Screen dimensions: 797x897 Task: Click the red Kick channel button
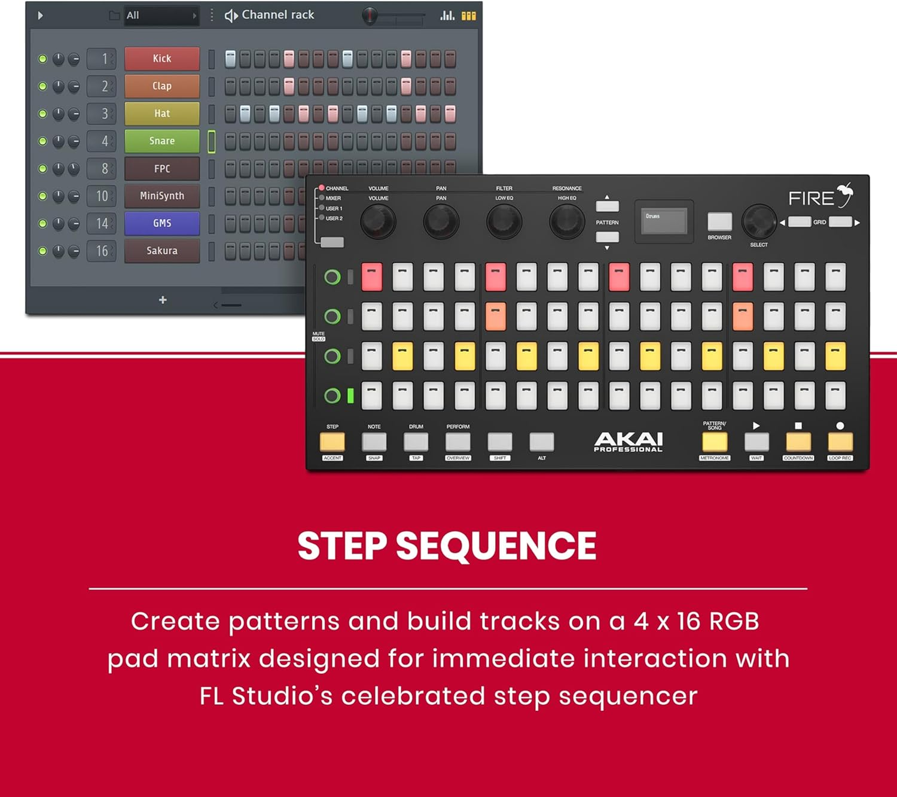pos(161,59)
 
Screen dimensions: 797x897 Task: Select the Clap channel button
pos(161,86)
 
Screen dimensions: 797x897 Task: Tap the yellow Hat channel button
pos(161,114)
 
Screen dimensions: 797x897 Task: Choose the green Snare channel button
pos(161,141)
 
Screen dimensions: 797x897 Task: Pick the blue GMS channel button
pos(161,223)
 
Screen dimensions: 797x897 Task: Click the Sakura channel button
pos(161,251)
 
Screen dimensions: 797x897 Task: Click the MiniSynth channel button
pos(161,196)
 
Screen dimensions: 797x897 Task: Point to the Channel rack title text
pos(277,15)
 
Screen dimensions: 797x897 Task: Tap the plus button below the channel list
pos(163,300)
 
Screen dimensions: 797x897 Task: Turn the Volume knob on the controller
pos(378,221)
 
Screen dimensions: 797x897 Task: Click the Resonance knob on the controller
pos(566,221)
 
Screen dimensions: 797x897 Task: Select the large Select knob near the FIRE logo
pos(759,221)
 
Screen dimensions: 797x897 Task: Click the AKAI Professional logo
pos(628,442)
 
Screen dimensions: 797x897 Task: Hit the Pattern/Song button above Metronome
pos(715,442)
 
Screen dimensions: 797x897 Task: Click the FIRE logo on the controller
pos(819,197)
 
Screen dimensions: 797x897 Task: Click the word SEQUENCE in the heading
pos(496,546)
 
